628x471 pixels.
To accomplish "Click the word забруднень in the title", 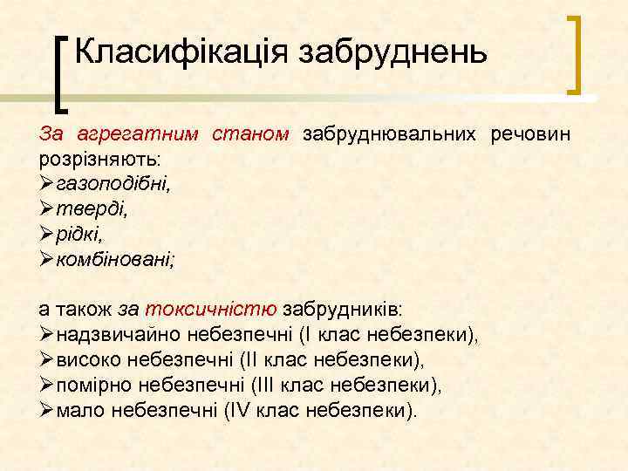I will tap(392, 52).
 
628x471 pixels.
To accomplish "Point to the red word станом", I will tap(251, 134).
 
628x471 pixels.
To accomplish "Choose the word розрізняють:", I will tap(100, 160).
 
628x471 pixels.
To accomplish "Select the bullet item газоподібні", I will tap(113, 185).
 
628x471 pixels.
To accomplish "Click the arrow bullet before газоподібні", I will tap(48, 185).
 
